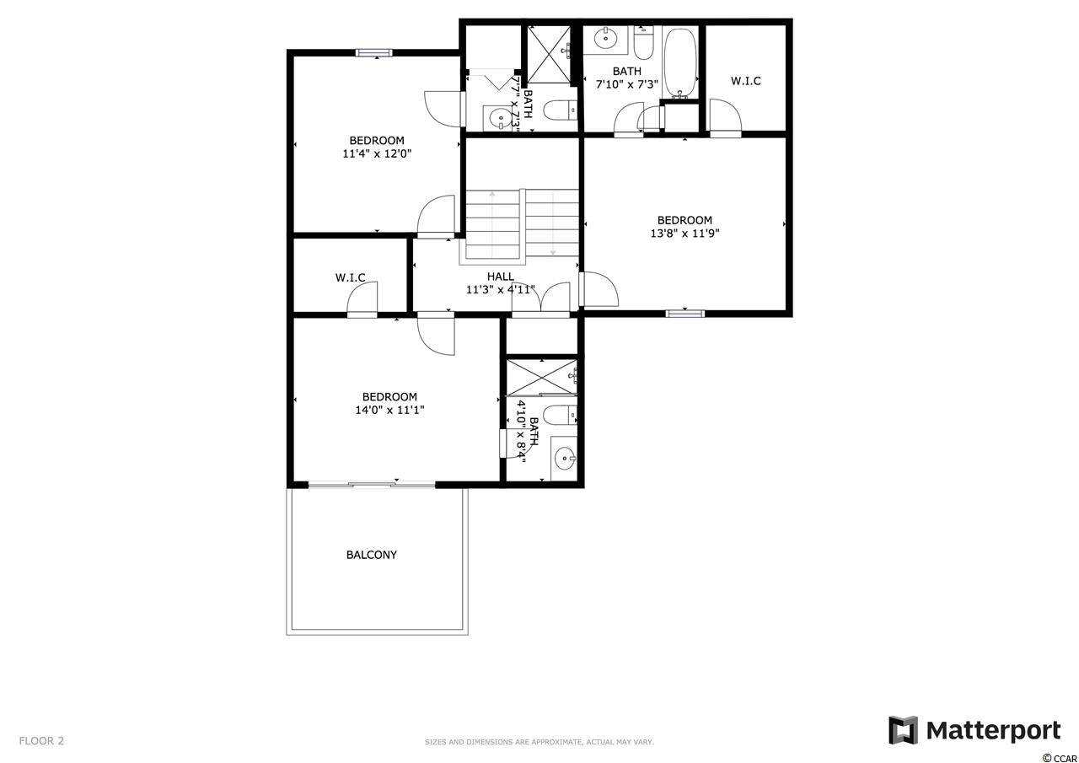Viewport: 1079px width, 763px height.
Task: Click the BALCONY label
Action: pyautogui.click(x=372, y=555)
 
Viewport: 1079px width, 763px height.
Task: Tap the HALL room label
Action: pyautogui.click(x=501, y=277)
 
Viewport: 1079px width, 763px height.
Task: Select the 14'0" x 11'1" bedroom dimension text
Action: pyautogui.click(x=389, y=410)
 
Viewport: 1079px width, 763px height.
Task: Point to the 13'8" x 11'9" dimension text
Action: pyautogui.click(x=684, y=234)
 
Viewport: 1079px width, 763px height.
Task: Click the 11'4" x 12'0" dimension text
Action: pyautogui.click(x=377, y=154)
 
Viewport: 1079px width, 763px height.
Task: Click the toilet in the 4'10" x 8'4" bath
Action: pyautogui.click(x=560, y=415)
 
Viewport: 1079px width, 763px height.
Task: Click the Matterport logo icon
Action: pyautogui.click(x=903, y=730)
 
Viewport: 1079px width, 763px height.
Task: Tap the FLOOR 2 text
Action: pyautogui.click(x=41, y=741)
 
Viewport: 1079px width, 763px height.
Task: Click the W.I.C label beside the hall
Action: pyautogui.click(x=350, y=278)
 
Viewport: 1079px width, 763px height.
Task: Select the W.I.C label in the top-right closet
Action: pyautogui.click(x=746, y=81)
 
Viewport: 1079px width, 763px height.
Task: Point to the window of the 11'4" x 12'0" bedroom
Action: pyautogui.click(x=374, y=52)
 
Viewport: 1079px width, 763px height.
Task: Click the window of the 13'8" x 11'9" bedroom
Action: pyautogui.click(x=685, y=314)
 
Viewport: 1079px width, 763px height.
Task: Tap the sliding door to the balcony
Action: pyautogui.click(x=372, y=484)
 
